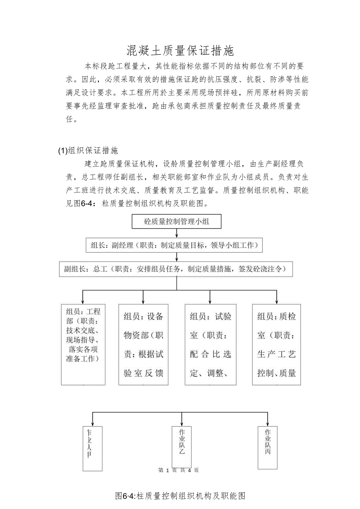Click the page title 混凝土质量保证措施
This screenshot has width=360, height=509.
coord(180,50)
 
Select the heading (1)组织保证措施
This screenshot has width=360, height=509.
coord(88,150)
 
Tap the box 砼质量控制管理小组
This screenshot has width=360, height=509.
coord(177,221)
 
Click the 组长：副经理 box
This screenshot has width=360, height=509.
coord(174,245)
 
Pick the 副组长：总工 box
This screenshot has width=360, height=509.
coord(176,269)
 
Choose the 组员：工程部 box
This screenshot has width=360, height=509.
coord(83,344)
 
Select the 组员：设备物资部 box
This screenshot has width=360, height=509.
coord(143,344)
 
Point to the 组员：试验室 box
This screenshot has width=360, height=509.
coord(210,344)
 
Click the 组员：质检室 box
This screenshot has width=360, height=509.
coord(276,344)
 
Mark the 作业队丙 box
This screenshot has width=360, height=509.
coord(268,447)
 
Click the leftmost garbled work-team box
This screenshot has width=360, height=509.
coord(92,448)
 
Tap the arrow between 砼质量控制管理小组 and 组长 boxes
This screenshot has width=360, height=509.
coord(177,234)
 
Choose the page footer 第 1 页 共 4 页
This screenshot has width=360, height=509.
coord(178,470)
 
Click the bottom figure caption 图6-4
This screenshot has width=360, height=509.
coord(180,496)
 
